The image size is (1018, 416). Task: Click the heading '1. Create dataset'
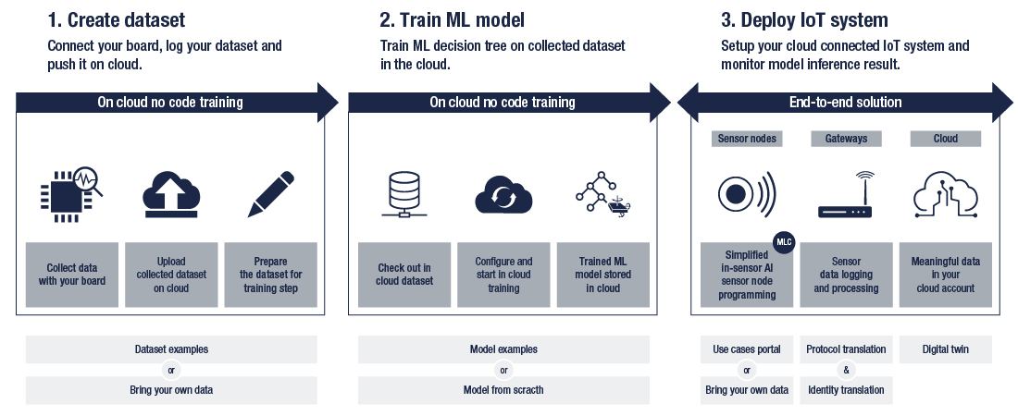[116, 19]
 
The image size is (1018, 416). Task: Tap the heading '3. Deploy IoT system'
[804, 19]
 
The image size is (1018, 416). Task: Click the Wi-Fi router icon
[846, 195]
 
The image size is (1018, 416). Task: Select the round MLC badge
[784, 243]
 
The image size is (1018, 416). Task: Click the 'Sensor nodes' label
[747, 139]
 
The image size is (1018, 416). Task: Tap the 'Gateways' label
[846, 139]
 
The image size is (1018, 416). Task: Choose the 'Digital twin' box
[945, 349]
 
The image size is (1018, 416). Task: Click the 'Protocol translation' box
[846, 349]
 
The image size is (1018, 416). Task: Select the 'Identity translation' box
[846, 390]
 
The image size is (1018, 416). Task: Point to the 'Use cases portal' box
[747, 349]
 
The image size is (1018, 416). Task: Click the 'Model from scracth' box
[503, 390]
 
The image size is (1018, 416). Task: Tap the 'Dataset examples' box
[171, 349]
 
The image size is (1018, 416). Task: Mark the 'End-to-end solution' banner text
[845, 102]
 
